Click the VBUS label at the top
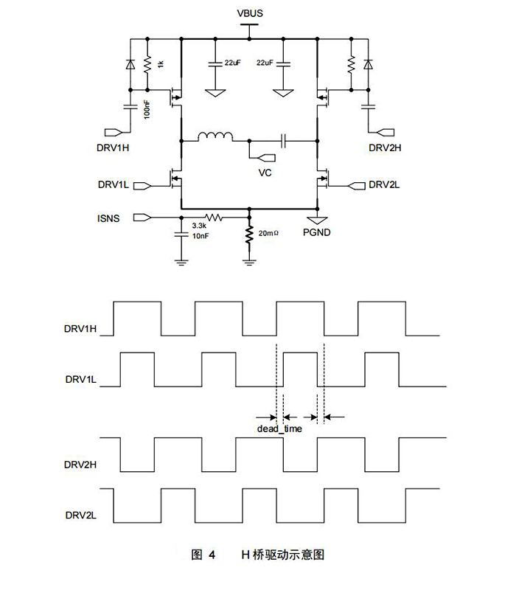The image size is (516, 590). pyautogui.click(x=250, y=13)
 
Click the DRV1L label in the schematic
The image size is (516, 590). pyautogui.click(x=113, y=184)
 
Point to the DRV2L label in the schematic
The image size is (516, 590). pyautogui.click(x=384, y=184)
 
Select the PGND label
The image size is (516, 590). pyautogui.click(x=318, y=232)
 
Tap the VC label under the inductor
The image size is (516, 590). pyautogui.click(x=265, y=172)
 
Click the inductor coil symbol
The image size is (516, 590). pyautogui.click(x=216, y=136)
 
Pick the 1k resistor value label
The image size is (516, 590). pyautogui.click(x=159, y=65)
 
